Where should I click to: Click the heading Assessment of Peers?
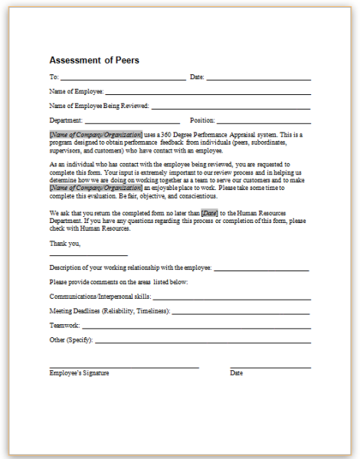[94, 60]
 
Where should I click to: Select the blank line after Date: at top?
[258, 79]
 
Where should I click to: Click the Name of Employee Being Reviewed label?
[99, 106]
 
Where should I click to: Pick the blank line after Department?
[132, 122]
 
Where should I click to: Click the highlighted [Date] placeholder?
[210, 213]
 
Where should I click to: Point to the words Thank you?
[65, 243]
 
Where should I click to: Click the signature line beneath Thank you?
[88, 255]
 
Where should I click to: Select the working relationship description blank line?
[261, 270]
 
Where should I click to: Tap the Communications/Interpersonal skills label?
[100, 295]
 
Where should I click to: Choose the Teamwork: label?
[65, 325]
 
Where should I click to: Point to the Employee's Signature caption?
[79, 373]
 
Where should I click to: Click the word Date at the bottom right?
[237, 373]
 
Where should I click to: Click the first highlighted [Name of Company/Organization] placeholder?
[85, 134]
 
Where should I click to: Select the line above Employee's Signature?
[123, 368]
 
